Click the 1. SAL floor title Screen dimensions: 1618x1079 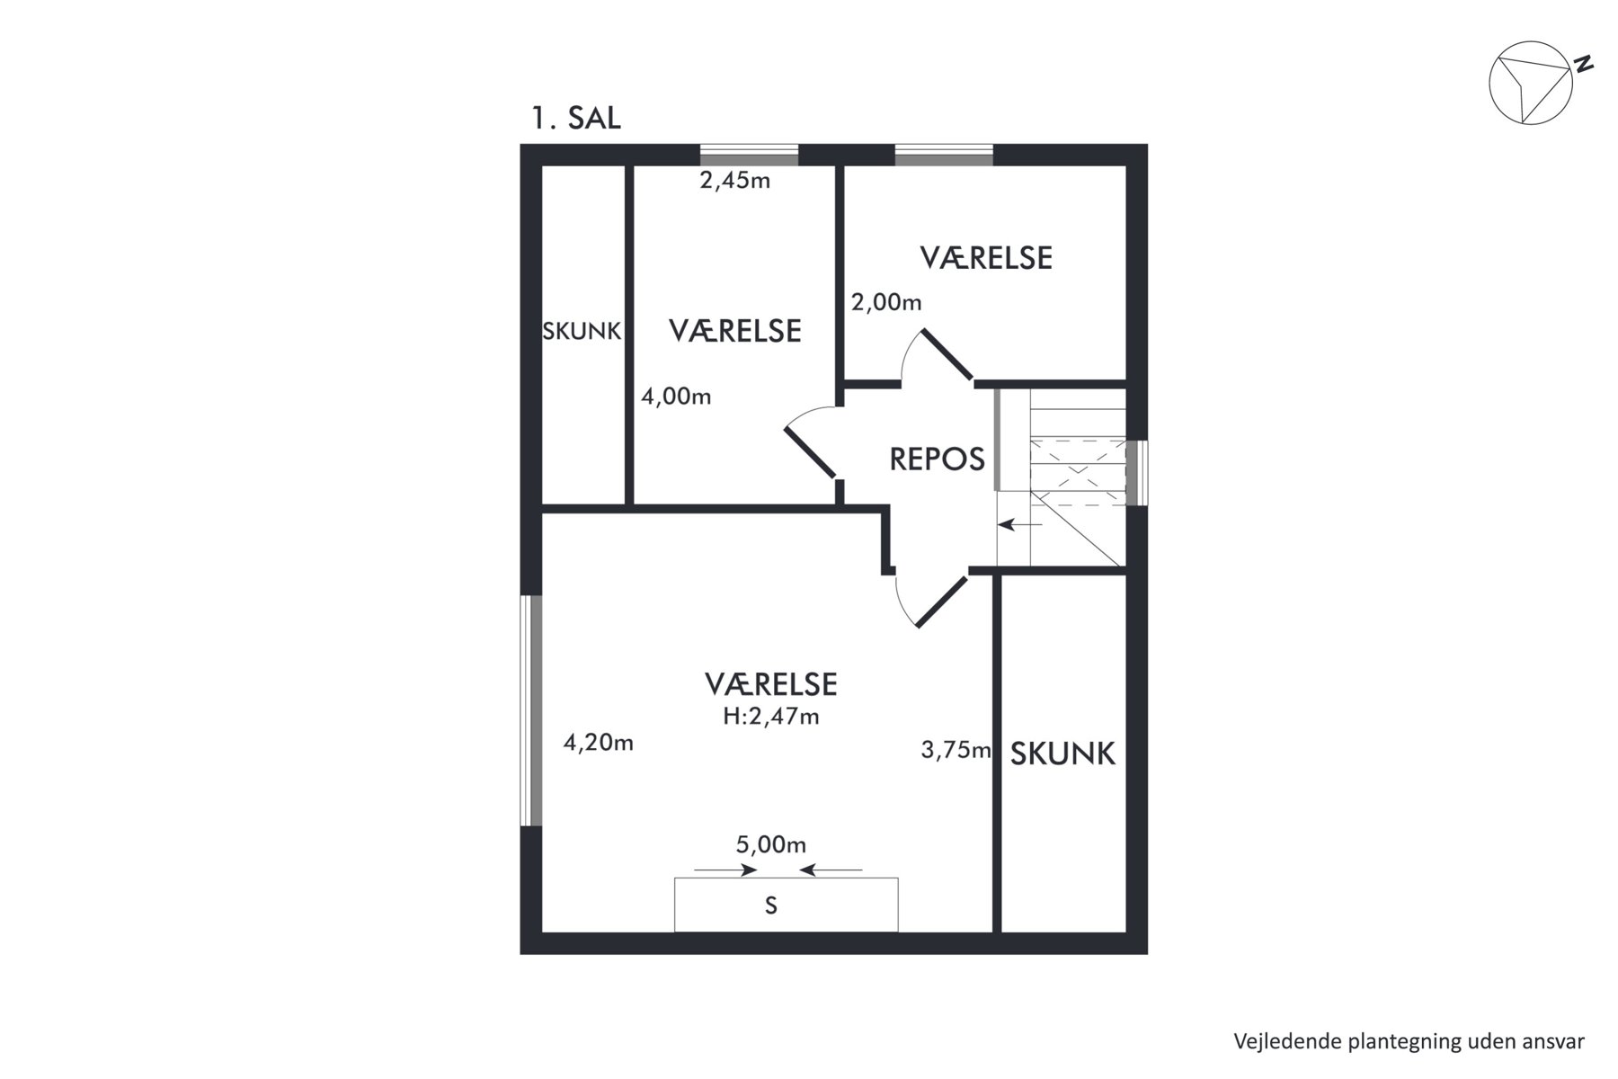(x=576, y=119)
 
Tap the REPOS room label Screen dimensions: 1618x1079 (x=937, y=459)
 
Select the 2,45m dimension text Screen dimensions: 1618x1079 (x=735, y=181)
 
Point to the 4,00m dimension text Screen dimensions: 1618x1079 (x=676, y=397)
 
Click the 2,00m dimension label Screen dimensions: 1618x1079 (x=886, y=303)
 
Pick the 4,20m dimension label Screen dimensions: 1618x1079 (x=599, y=743)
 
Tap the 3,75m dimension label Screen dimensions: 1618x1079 (x=956, y=750)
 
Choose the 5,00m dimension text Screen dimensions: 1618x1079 (x=771, y=845)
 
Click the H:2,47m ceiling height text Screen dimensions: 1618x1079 (x=771, y=717)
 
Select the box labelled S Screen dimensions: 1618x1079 (x=787, y=905)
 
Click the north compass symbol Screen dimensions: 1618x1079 (x=1531, y=83)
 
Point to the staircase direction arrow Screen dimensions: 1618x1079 (x=1020, y=524)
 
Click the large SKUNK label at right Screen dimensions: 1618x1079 (x=1062, y=754)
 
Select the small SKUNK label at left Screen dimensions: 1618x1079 (x=582, y=332)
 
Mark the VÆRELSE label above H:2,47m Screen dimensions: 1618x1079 (x=771, y=684)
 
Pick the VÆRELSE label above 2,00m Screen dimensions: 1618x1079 (x=986, y=258)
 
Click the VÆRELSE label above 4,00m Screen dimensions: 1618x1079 (x=735, y=331)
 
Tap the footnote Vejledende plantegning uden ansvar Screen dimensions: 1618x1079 (x=1409, y=1041)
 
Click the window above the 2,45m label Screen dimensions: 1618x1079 (x=749, y=155)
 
